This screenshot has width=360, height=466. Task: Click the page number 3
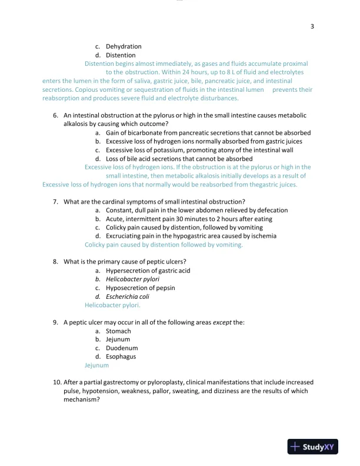312,26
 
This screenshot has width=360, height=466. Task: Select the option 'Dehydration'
124,46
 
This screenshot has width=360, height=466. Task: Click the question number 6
55,116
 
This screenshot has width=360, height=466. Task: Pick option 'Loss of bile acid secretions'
179,159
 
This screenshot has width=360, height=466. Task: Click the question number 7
55,202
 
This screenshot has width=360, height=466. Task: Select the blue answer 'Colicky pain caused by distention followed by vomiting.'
164,245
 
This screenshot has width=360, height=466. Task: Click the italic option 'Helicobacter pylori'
132,279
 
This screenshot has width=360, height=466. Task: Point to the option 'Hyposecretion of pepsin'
140,288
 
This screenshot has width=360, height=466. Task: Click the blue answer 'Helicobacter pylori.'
112,305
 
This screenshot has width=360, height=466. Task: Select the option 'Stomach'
118,331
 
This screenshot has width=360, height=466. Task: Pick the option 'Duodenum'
122,348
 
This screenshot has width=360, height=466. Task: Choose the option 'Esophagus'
121,357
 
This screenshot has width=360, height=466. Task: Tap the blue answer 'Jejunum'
96,365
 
